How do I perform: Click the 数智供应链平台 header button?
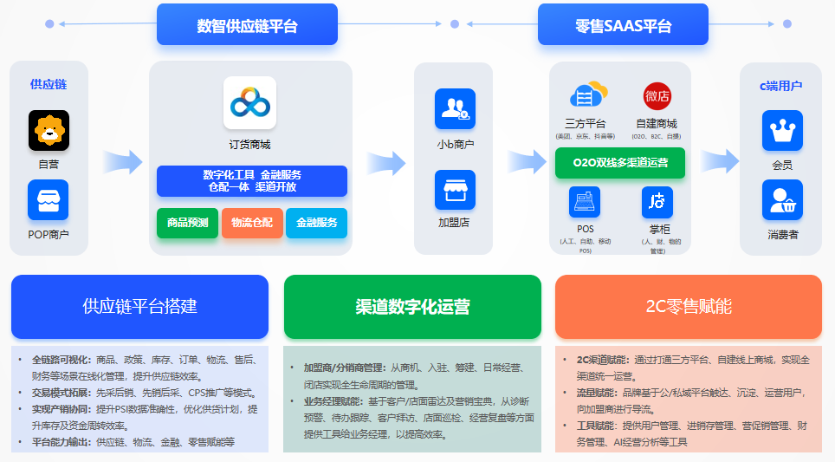point(247,26)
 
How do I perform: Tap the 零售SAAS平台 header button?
point(623,26)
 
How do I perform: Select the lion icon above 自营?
point(49,130)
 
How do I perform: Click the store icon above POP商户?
point(49,199)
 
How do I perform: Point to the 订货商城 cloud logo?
point(249,103)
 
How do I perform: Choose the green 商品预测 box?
point(187,223)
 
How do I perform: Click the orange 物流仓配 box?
point(252,223)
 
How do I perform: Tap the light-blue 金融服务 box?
point(316,223)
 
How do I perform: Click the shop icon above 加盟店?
point(455,190)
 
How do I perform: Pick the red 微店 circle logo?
point(657,96)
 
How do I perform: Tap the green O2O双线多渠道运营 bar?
point(619,163)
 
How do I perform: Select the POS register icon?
point(585,202)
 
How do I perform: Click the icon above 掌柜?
point(657,202)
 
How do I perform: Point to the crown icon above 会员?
point(782,130)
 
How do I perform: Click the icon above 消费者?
point(782,199)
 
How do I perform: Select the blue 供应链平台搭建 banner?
point(139,306)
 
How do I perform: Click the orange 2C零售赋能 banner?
point(689,306)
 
